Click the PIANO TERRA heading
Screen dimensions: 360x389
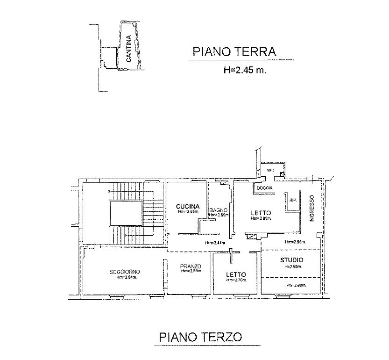[235, 52]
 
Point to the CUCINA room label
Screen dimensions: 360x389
[188, 206]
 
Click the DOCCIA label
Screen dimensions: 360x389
[264, 188]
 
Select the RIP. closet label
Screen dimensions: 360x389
[293, 200]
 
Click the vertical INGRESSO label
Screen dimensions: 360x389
[312, 209]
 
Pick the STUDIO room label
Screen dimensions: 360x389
[291, 260]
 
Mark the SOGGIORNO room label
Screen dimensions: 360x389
[125, 272]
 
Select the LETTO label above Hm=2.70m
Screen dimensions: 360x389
[236, 274]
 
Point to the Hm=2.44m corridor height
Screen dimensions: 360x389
[215, 243]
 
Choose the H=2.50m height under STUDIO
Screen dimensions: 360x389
[292, 266]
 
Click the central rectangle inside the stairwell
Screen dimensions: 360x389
[126, 214]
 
